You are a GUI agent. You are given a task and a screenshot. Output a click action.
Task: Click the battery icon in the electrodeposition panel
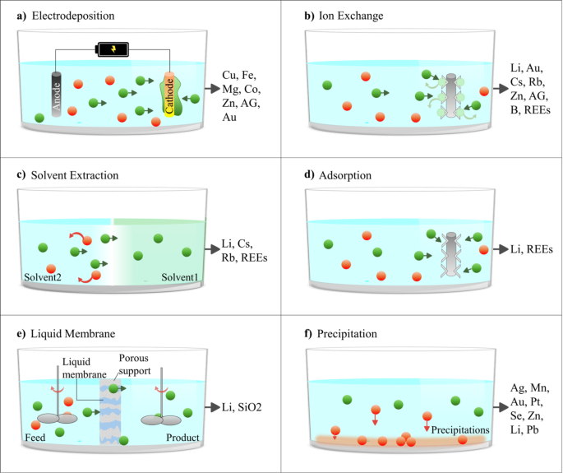point(113,49)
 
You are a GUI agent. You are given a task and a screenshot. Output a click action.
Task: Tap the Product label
point(182,436)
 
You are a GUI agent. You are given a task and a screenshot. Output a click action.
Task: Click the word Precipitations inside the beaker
point(460,429)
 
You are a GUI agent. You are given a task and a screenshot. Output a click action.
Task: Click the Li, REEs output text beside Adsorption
point(531,248)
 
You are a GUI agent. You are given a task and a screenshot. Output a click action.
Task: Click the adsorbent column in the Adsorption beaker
point(449,248)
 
